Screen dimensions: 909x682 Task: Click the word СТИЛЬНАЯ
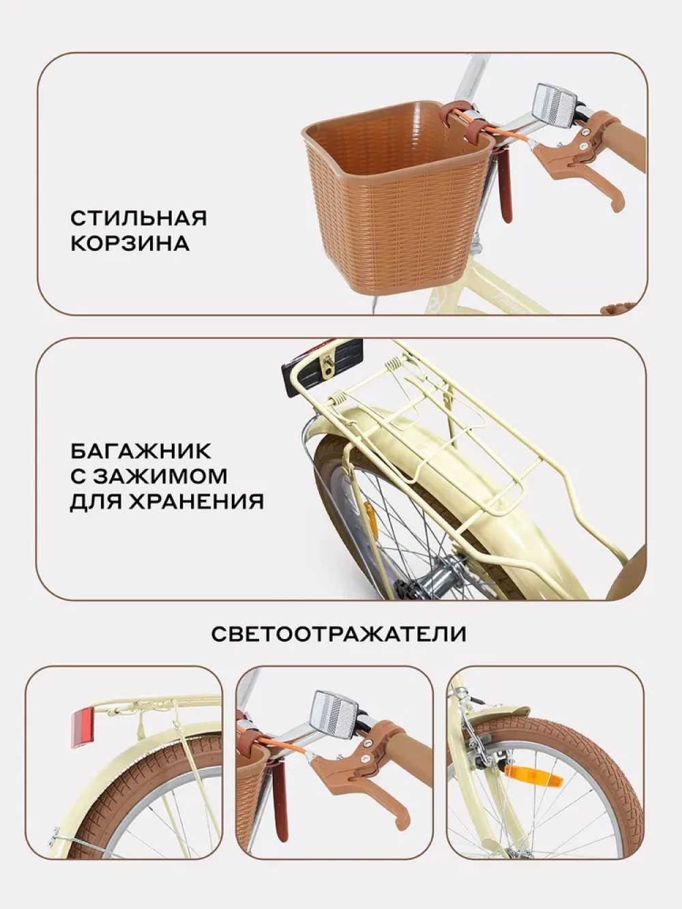tap(138, 218)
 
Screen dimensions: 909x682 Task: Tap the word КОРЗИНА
tap(130, 244)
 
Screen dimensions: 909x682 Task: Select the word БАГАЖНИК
tap(140, 451)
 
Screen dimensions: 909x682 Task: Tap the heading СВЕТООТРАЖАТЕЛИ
tap(339, 634)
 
